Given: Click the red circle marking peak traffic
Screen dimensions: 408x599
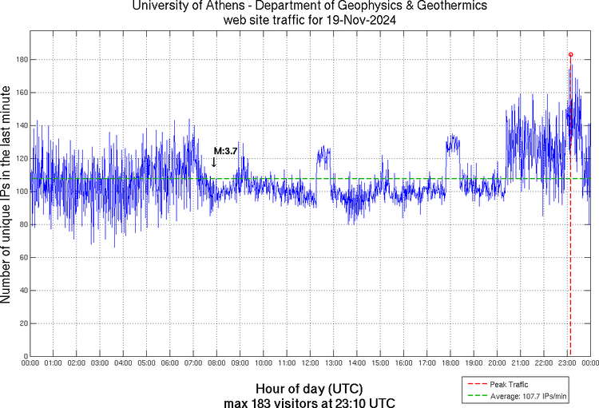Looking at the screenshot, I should pos(570,54).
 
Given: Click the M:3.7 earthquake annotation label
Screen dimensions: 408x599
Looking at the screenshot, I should pos(225,150).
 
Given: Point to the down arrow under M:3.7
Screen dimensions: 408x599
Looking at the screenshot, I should pos(214,162).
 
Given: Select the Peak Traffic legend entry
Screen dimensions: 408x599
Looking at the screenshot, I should pos(525,385).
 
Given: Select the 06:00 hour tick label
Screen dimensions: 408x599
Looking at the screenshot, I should pos(170,362).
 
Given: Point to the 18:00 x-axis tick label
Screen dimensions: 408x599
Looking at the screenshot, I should pos(450,362).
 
